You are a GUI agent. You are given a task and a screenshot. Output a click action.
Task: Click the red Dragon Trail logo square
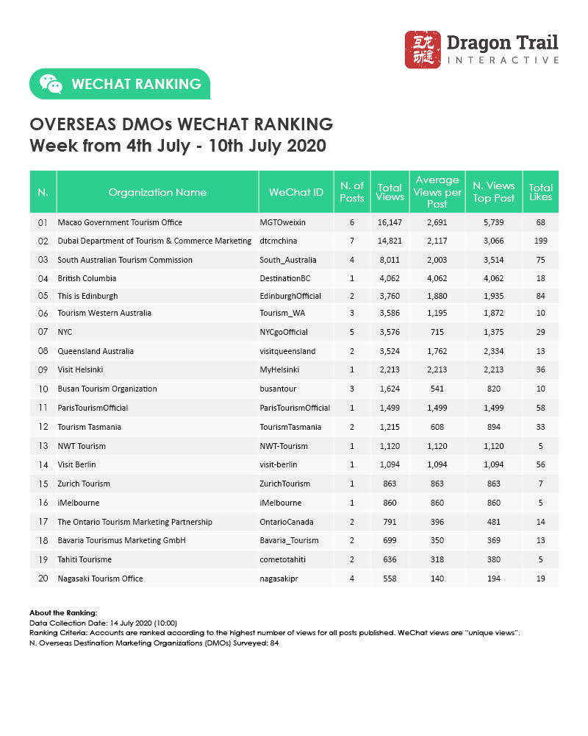point(423,50)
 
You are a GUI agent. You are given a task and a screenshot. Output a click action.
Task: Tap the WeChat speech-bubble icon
point(51,84)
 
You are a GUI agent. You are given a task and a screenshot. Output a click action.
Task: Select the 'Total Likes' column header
point(540,192)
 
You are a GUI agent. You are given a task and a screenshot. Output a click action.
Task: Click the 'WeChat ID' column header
point(296,192)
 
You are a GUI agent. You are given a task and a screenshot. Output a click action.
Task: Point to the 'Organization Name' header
point(157,192)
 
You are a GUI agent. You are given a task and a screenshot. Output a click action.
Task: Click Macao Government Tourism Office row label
point(120,222)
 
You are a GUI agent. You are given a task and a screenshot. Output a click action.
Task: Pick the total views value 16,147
point(390,222)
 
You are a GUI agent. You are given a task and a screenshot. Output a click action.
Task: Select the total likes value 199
point(540,241)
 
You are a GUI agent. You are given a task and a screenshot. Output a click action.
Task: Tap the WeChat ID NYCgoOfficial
point(284,333)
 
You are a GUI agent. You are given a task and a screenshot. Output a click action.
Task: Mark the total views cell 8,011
point(390,259)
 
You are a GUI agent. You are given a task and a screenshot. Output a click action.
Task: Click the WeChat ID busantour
point(276,389)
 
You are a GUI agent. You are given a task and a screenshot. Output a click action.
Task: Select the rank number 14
point(43,465)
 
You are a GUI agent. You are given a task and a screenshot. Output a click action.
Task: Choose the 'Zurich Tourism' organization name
point(84,484)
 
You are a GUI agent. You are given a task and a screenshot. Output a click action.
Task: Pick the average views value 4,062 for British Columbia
point(437,278)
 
